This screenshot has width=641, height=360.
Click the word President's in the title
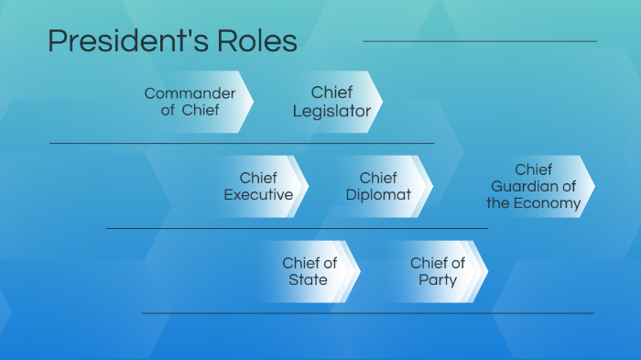[123, 42]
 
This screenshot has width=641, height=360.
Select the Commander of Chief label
[190, 102]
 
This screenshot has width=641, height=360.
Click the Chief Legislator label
[331, 102]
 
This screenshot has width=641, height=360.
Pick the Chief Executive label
[258, 186]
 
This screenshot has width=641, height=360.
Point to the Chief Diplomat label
[378, 186]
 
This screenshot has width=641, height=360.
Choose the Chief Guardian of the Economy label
[533, 186]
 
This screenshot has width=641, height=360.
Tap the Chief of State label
[309, 271]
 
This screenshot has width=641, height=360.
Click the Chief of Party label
[437, 271]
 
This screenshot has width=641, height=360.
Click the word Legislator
[331, 112]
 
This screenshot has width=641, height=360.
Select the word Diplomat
[378, 195]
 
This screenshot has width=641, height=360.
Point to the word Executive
[258, 195]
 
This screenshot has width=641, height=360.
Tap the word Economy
[548, 203]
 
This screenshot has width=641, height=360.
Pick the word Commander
[190, 93]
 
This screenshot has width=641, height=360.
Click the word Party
[437, 280]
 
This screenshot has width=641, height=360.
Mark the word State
[309, 280]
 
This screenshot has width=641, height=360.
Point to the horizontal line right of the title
[480, 41]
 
